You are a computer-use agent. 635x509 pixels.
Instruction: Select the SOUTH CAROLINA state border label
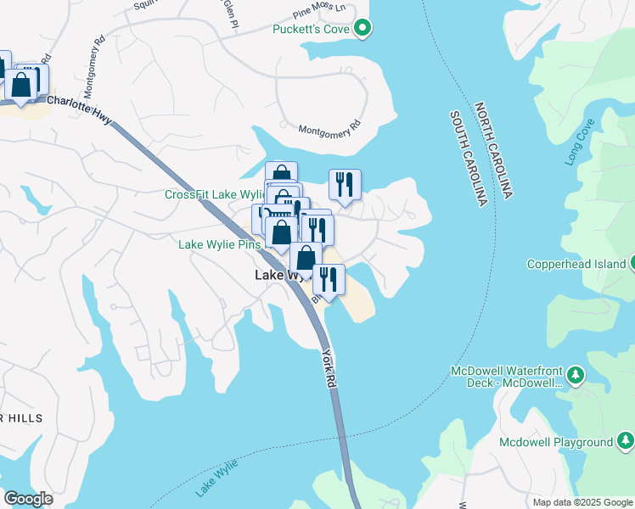coord(468,158)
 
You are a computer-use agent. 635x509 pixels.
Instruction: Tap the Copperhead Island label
coord(576,264)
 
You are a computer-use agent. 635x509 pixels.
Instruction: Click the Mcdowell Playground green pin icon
coord(625,441)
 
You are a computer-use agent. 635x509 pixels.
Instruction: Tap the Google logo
coord(29,499)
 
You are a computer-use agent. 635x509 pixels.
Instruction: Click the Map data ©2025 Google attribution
coord(582,501)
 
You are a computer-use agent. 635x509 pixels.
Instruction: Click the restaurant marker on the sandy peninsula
coord(329,281)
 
